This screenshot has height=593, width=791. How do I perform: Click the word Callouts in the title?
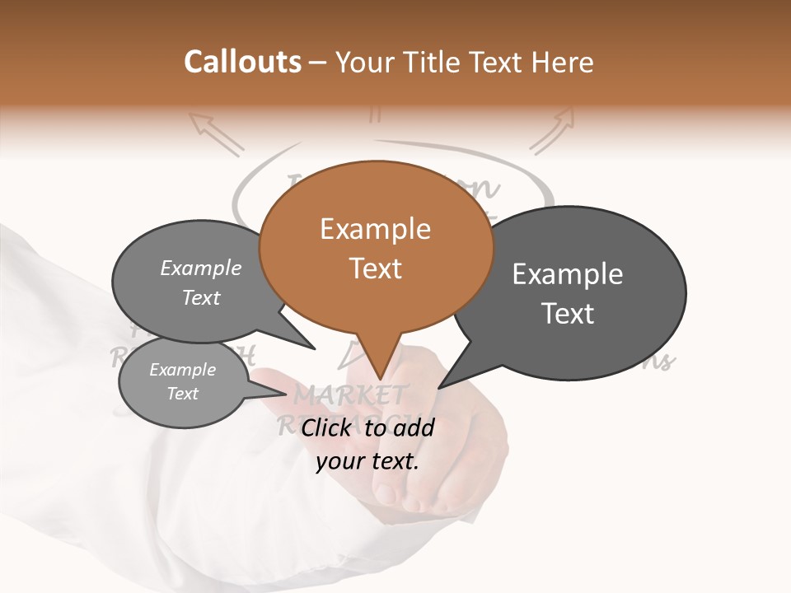(x=242, y=62)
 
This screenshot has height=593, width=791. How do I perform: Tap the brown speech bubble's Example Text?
(x=376, y=248)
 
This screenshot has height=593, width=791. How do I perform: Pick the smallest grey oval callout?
(x=183, y=381)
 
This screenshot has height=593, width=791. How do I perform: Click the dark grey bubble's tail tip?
(x=439, y=387)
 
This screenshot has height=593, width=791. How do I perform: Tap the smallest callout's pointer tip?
(x=288, y=391)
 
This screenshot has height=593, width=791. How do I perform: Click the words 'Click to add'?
(x=367, y=427)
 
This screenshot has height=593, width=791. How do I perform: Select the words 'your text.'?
(x=367, y=460)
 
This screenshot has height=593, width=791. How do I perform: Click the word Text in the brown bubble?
(x=376, y=268)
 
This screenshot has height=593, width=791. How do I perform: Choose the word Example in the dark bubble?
(x=568, y=274)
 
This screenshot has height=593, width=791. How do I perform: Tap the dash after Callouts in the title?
(x=318, y=62)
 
